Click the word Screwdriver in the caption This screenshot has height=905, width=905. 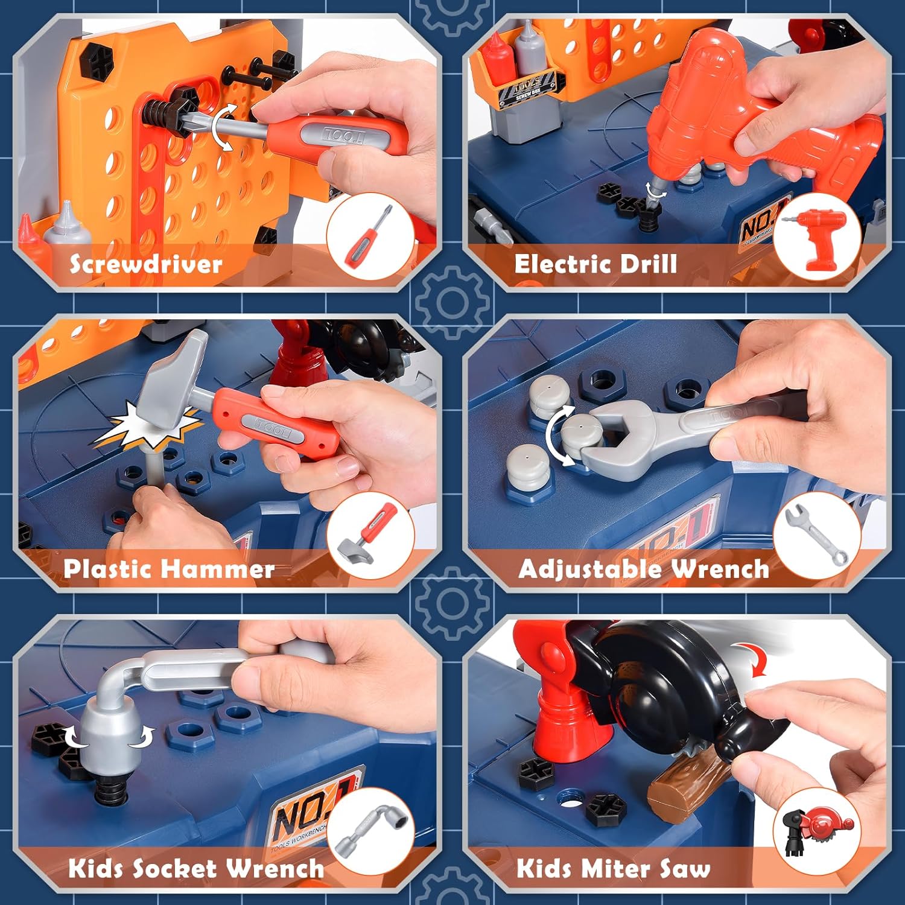pos(145,264)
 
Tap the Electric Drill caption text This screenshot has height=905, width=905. pos(595,264)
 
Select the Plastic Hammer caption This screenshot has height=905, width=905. pos(169,569)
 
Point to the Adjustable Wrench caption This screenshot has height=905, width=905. pos(643,569)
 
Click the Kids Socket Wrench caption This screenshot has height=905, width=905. pos(196,869)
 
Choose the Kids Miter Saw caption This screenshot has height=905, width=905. pos(613,869)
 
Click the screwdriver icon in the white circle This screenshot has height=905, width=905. pos(369,237)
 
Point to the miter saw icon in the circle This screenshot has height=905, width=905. pos(817,831)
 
